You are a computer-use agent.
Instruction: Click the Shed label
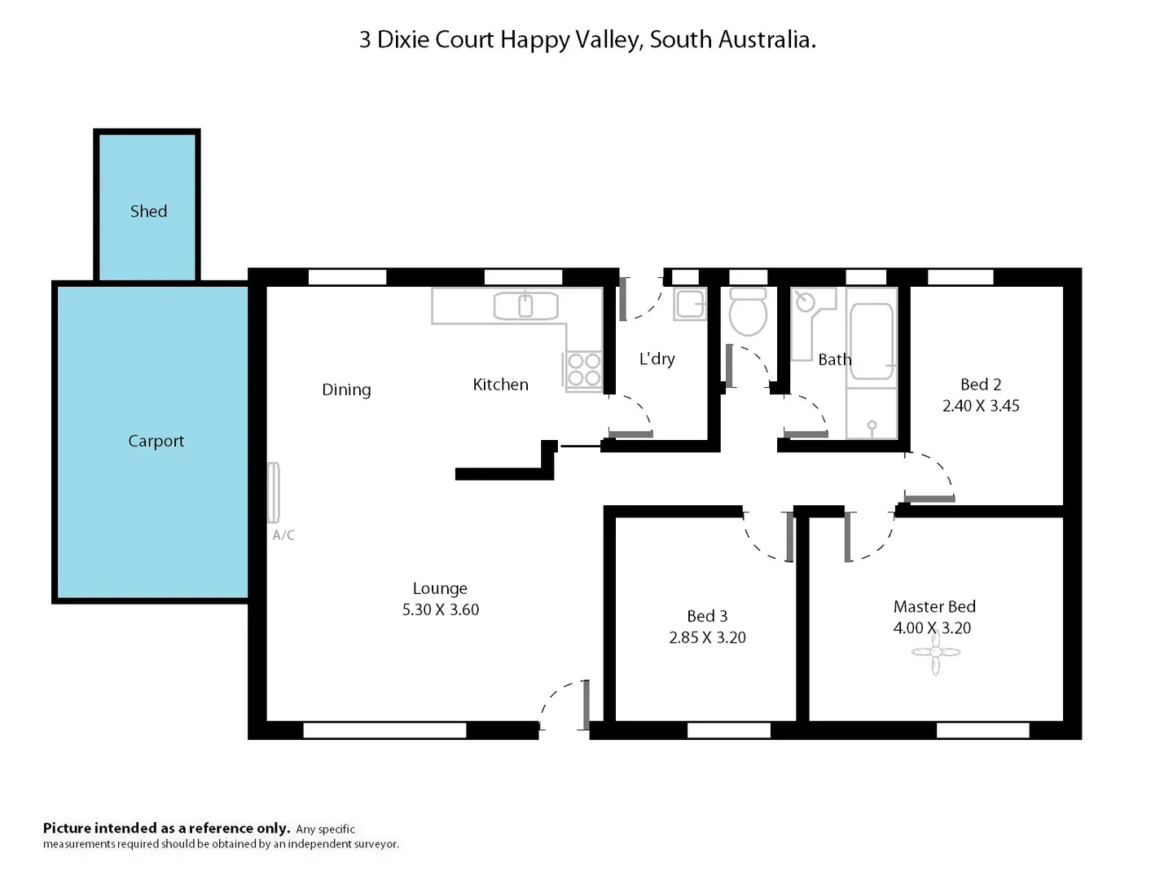(148, 211)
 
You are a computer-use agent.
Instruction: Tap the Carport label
(156, 441)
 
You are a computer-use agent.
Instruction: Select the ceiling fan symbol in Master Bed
(935, 652)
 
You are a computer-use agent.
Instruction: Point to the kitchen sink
(525, 306)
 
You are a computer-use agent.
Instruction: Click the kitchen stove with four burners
(583, 369)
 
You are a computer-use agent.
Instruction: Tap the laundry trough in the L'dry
(690, 304)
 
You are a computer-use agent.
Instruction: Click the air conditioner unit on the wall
(275, 492)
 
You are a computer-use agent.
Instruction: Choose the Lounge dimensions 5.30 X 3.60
(440, 609)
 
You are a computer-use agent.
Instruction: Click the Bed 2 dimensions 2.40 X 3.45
(981, 406)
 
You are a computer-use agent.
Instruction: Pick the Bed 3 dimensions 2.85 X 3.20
(707, 638)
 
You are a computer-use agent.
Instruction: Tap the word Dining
(346, 389)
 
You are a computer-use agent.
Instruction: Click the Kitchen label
(500, 385)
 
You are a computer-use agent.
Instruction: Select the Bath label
(834, 359)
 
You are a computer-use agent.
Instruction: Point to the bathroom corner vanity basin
(807, 303)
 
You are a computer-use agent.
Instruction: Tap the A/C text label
(283, 535)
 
